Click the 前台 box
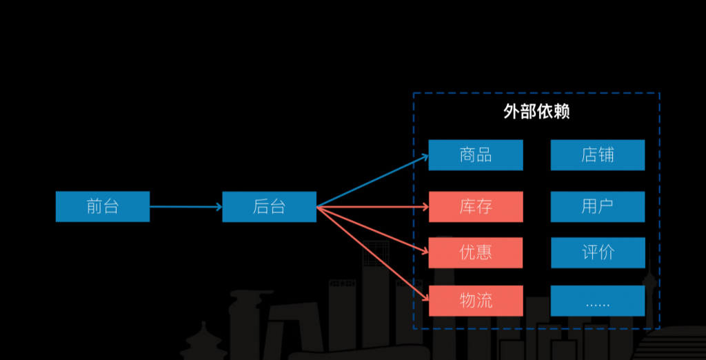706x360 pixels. [x=102, y=206]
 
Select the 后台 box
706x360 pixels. [x=269, y=206]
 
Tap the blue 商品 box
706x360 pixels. [x=475, y=154]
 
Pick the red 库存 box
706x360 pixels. [x=475, y=206]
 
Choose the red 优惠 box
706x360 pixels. [x=475, y=252]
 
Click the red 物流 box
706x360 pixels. [x=475, y=301]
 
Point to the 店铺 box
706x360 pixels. [x=597, y=154]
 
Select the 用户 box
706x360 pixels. [x=597, y=206]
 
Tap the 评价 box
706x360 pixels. [x=597, y=252]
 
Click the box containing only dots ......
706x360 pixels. [x=597, y=301]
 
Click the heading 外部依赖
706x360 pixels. [x=536, y=112]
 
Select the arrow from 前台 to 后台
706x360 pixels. [x=185, y=206]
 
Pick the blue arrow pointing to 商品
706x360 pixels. [x=372, y=181]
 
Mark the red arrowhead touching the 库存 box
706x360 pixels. [x=425, y=206]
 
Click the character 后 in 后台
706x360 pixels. [x=261, y=206]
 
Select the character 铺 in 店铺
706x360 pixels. [x=606, y=154]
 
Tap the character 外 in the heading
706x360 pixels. [x=512, y=112]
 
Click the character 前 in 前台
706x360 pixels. [x=94, y=206]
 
